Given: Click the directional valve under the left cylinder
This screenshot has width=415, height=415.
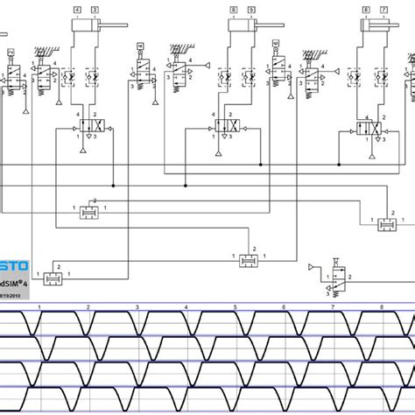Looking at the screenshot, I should pos(91,128).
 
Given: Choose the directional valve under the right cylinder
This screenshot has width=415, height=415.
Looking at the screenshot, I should pos(369,128).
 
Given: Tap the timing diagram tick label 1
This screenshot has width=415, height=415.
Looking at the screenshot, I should pos(40,306).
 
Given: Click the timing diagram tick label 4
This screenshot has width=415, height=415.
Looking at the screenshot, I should pos(186,306).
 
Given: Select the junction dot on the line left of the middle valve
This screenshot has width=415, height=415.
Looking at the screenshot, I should pos(185,186).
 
